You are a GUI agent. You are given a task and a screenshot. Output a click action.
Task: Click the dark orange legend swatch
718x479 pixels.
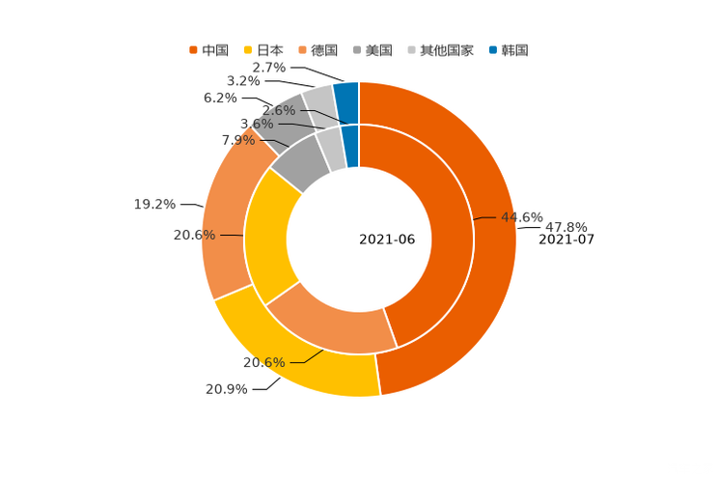pos(193,49)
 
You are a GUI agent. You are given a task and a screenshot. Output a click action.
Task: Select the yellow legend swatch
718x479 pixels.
pos(247,49)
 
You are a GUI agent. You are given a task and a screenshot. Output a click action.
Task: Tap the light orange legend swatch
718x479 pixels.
pos(303,49)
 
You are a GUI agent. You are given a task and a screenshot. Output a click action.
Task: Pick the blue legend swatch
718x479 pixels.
pos(493,49)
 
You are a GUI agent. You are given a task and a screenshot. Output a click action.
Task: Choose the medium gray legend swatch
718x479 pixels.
pos(357,49)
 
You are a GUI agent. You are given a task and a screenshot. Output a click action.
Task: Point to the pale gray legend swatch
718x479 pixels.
pos(412,49)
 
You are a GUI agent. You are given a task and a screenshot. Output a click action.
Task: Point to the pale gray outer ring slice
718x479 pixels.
pos(319,99)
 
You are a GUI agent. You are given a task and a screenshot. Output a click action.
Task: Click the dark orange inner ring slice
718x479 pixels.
pos(434,241)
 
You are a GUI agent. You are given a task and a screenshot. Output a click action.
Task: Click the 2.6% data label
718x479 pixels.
pos(278,111)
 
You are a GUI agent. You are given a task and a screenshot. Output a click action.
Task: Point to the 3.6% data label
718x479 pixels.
pos(257,124)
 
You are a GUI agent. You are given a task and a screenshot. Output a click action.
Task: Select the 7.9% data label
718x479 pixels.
pos(238,140)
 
